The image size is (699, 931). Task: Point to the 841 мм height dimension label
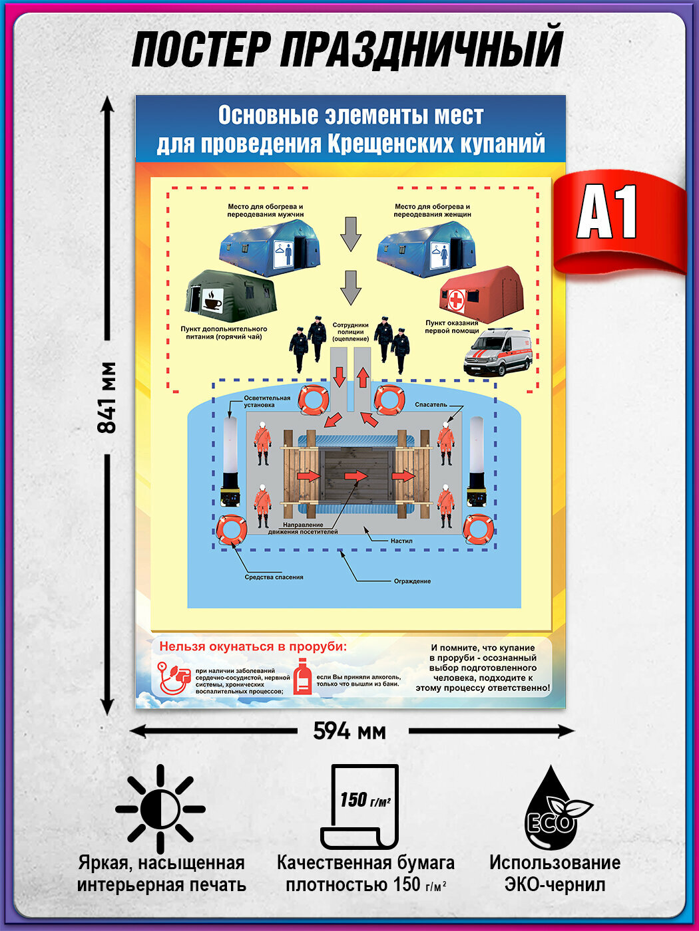coord(107,398)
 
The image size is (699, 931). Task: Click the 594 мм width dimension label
coord(349,731)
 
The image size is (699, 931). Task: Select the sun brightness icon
coord(160,809)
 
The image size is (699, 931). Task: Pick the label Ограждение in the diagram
coord(412,581)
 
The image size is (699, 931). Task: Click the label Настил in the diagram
coord(401,541)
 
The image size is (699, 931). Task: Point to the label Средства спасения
coord(274,577)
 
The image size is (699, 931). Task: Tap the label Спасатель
coord(431,404)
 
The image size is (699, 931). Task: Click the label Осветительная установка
coord(267,401)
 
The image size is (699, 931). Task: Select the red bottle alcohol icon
coord(303,677)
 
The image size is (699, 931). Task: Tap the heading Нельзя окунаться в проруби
coord(253,646)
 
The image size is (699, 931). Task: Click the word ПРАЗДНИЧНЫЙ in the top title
coord(421,50)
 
